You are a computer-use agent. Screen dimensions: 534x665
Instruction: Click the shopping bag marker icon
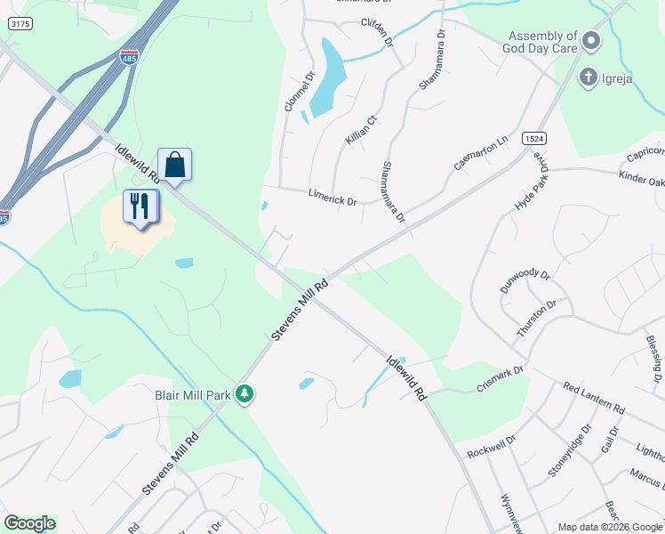tap(175, 165)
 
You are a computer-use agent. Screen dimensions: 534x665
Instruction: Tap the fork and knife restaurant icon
tap(140, 206)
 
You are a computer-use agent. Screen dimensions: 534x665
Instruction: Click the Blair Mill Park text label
tap(192, 392)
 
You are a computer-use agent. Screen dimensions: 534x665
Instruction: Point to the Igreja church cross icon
tap(588, 77)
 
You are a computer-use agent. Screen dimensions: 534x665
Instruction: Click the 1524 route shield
tap(534, 139)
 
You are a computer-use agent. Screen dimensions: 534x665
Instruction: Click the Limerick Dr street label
tap(332, 197)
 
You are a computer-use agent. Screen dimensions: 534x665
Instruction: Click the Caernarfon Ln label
tap(485, 152)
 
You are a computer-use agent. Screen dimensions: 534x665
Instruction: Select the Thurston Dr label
tap(537, 318)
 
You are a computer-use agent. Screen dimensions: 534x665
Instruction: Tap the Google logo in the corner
tap(29, 523)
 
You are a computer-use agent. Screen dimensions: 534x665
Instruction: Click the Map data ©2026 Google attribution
tap(610, 527)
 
